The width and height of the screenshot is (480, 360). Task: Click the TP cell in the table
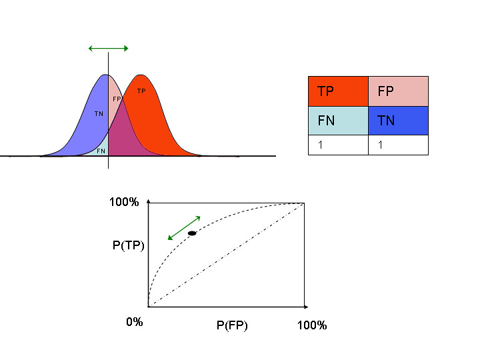pyautogui.click(x=337, y=91)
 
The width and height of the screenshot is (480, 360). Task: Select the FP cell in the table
pyautogui.click(x=398, y=91)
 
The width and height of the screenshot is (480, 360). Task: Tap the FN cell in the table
pyautogui.click(x=337, y=121)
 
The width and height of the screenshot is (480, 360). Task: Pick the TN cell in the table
pyautogui.click(x=398, y=121)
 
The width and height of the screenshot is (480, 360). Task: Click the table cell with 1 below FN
pyautogui.click(x=337, y=145)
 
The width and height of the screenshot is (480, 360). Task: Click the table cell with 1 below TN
pyautogui.click(x=398, y=145)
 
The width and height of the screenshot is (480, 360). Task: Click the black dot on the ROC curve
pyautogui.click(x=192, y=233)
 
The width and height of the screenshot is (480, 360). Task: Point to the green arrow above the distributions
pyautogui.click(x=108, y=48)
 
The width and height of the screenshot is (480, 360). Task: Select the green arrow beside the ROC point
pyautogui.click(x=184, y=227)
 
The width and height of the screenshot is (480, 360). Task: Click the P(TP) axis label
pyautogui.click(x=129, y=245)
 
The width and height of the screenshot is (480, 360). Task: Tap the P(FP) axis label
pyautogui.click(x=232, y=325)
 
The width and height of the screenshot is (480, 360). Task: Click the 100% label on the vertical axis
pyautogui.click(x=124, y=202)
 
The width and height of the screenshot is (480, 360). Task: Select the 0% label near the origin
pyautogui.click(x=135, y=322)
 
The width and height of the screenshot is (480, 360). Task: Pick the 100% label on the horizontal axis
pyautogui.click(x=311, y=325)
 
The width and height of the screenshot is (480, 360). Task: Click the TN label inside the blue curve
pyautogui.click(x=99, y=114)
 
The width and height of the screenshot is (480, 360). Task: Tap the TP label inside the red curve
pyautogui.click(x=141, y=91)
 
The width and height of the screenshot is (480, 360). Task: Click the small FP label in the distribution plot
pyautogui.click(x=117, y=99)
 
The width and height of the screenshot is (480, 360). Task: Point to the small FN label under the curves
pyautogui.click(x=101, y=151)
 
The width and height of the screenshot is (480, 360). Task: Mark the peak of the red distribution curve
pyautogui.click(x=140, y=75)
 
